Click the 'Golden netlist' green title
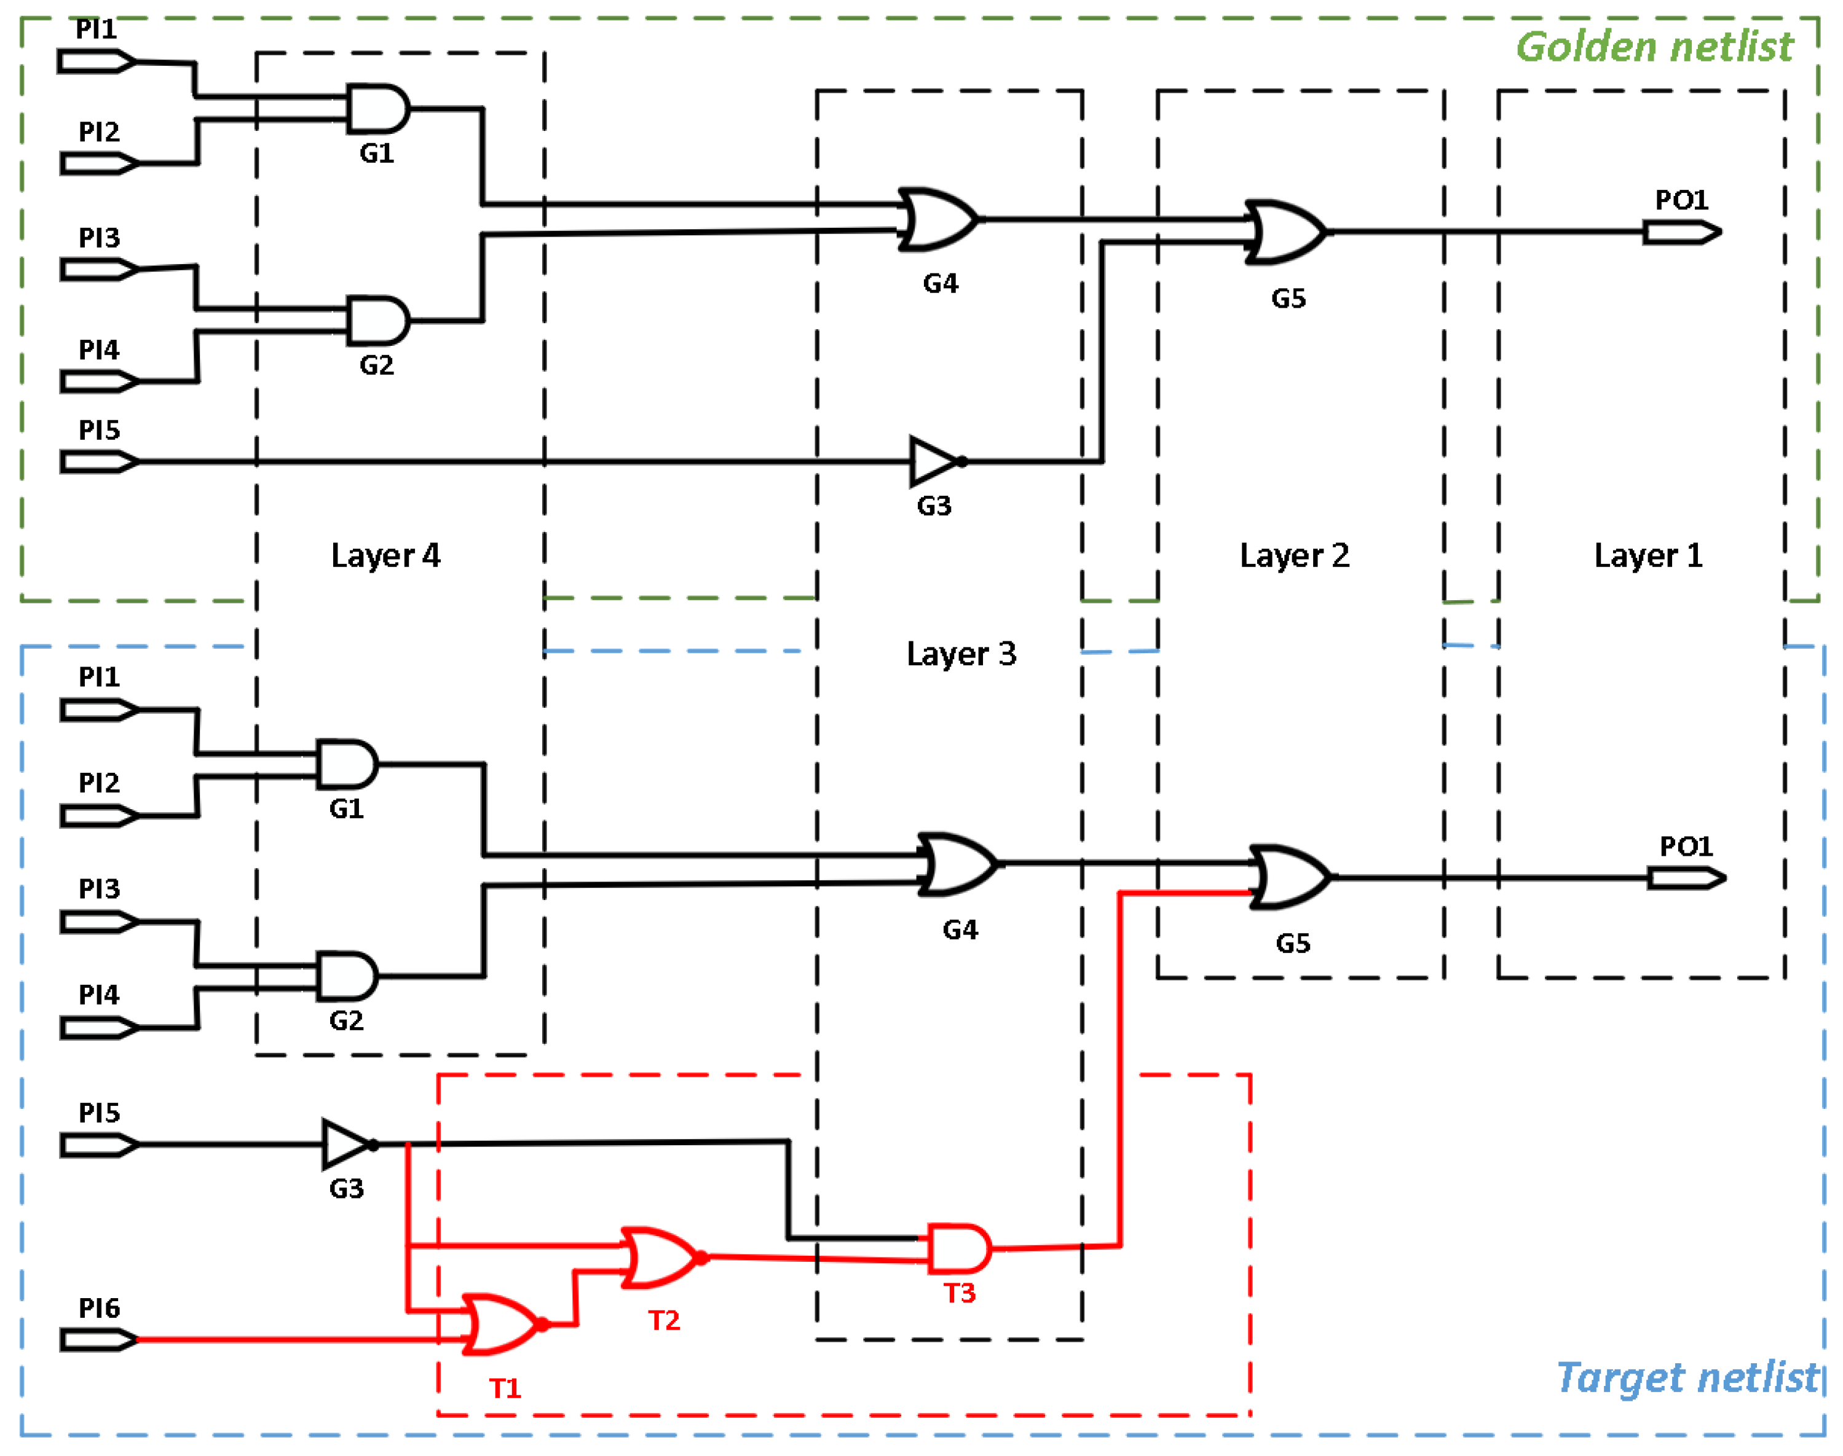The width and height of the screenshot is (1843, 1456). (1654, 46)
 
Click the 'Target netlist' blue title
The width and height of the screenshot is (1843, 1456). (1687, 1377)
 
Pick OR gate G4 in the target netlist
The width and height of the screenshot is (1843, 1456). (957, 864)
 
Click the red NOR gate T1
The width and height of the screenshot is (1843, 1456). (502, 1325)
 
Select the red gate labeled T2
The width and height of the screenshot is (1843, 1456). (661, 1258)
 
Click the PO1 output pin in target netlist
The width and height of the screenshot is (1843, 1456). (1685, 877)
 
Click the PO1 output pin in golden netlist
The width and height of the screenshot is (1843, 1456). (1681, 232)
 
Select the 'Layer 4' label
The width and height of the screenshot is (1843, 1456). (385, 556)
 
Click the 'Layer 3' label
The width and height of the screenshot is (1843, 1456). (961, 654)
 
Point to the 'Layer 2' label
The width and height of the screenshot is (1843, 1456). (1294, 556)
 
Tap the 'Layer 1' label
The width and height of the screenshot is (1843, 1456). (1648, 556)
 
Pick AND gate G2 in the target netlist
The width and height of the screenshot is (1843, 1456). (346, 976)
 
